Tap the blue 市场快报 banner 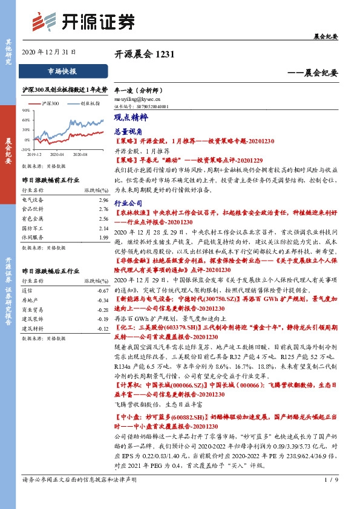click(62, 71)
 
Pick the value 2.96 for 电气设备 click(103, 200)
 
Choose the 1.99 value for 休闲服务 click(103, 238)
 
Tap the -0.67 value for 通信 click(102, 290)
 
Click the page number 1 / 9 click(330, 497)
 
